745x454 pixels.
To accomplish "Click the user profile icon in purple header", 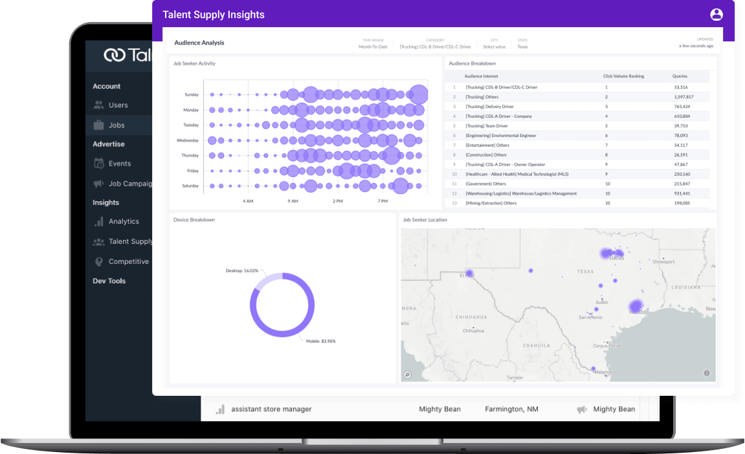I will [716, 14].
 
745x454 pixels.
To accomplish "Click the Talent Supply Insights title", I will [213, 15].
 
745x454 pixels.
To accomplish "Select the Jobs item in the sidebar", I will [117, 125].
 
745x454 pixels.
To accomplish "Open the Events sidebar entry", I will [120, 164].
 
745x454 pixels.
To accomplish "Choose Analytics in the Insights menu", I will [124, 221].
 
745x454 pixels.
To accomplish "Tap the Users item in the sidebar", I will [118, 105].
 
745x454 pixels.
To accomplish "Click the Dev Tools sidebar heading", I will [109, 281].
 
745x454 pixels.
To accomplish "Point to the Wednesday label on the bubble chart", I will [187, 140].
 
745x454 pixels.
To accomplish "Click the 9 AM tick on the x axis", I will [293, 201].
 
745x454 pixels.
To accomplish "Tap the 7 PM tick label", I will [383, 201].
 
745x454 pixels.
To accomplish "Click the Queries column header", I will [680, 76].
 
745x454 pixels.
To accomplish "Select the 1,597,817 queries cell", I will [683, 97].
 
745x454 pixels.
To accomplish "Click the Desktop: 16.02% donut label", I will [241, 270].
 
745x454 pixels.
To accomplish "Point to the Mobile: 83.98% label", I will [320, 341].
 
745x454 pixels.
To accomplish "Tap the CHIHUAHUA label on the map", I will [471, 317].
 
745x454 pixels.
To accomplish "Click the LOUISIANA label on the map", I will [686, 286].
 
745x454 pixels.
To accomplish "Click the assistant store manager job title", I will [271, 409].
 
